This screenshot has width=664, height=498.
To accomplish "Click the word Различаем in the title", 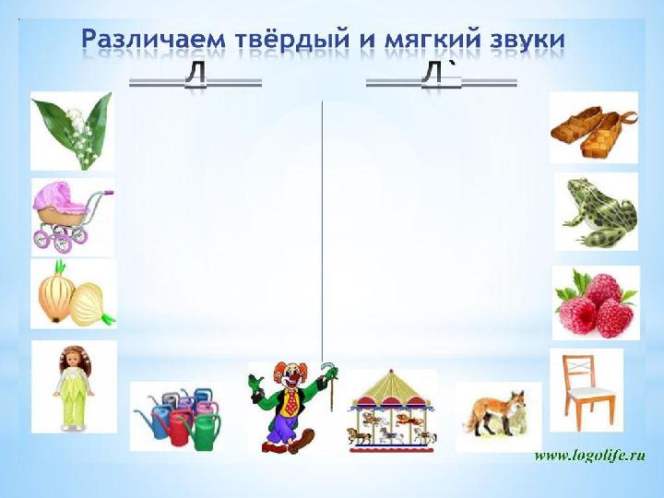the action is [x=154, y=40].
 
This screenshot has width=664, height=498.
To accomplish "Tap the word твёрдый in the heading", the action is [x=290, y=39].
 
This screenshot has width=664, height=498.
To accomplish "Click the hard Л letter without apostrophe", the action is [x=195, y=73].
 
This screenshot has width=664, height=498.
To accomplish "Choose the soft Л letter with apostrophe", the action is [x=435, y=73].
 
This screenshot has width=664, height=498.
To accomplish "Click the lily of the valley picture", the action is [x=73, y=131].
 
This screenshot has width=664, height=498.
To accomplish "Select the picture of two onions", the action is [x=76, y=293].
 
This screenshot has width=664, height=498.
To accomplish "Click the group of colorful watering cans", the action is [x=177, y=418].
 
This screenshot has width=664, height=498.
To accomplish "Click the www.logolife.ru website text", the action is [x=590, y=456].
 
